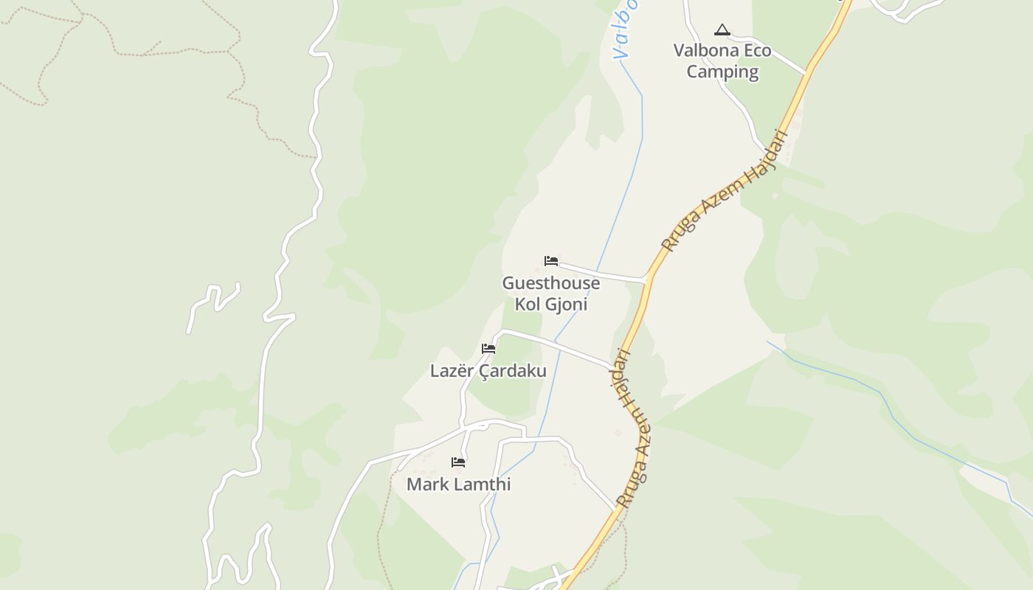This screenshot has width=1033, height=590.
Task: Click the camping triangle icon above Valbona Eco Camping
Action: [722, 29]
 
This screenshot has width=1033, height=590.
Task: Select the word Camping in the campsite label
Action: [722, 72]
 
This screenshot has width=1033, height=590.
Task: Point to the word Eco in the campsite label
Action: [754, 51]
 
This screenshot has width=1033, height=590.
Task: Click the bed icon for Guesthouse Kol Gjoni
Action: [550, 261]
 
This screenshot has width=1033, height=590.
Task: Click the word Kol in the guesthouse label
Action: [528, 304]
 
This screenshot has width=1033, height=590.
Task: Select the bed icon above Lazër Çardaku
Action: [488, 349]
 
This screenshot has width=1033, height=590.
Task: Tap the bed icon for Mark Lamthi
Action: [458, 462]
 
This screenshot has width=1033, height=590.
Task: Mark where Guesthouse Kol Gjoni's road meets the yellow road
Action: [647, 280]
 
